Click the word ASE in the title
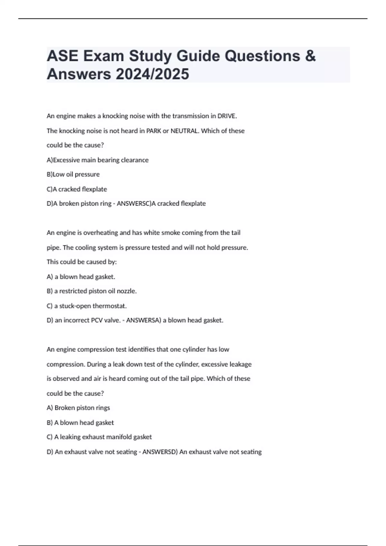click(62, 56)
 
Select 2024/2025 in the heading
click(152, 74)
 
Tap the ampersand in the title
click(310, 56)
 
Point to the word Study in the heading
click(150, 56)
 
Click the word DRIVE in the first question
click(227, 116)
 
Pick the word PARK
click(154, 131)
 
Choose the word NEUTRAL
click(184, 131)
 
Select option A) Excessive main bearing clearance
click(97, 160)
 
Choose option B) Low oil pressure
click(73, 174)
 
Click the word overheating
click(100, 233)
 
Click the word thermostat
click(109, 306)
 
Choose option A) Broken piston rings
click(78, 408)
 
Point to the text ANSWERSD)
click(160, 452)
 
